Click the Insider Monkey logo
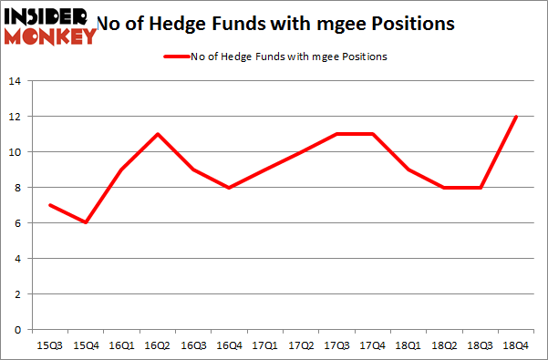point(50,26)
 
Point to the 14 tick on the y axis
point(16,81)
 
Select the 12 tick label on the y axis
point(16,117)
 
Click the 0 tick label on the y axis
point(18,330)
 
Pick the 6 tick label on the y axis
point(18,223)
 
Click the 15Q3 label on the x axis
point(50,345)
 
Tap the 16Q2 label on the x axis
point(159,345)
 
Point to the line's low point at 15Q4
point(87,223)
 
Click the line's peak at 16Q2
point(159,134)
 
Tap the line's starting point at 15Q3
point(50,205)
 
